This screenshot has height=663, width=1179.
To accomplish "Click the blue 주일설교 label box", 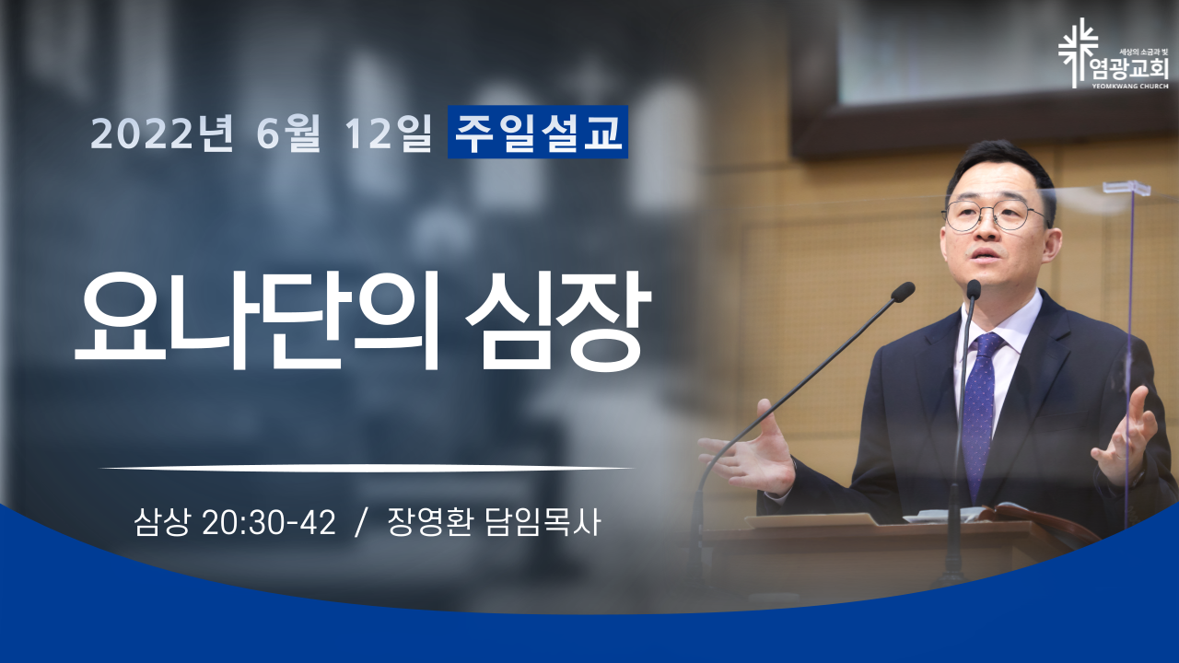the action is coord(537,132).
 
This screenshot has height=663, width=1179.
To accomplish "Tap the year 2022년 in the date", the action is coord(162,134).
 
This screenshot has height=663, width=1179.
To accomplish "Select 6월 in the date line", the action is coord(288,134).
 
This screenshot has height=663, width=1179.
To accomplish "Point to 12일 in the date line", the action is coord(389,134).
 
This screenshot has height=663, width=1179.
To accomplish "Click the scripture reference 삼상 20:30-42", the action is coord(235,522).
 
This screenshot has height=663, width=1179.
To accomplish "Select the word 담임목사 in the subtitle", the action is coord(543,522).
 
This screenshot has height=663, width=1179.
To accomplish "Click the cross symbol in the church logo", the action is coord(1079,53).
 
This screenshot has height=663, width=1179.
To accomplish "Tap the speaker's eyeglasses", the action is coord(994,215).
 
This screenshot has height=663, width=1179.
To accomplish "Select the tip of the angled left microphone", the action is coord(904,292).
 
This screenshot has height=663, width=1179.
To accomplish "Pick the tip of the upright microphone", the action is coord(974,289).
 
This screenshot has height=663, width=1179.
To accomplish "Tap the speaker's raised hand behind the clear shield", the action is coord(1126,440).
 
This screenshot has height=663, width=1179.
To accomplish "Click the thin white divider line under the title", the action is coord(367,467).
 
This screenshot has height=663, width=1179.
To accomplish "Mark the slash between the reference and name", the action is coord(361,522).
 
